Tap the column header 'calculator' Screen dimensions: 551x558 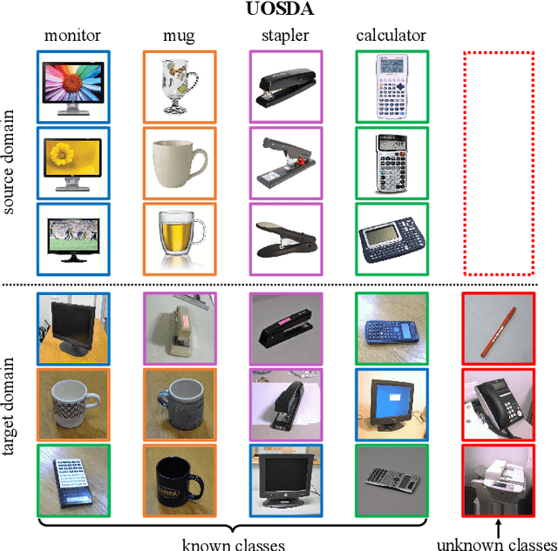pos(391,37)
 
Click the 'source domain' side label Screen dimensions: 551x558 pos(11,162)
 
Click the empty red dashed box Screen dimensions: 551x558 pos(498,162)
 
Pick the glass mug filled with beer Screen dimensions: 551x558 pos(180,237)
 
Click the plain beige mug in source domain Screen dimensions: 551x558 pos(180,162)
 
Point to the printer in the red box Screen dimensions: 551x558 pos(498,480)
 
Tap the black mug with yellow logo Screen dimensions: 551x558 pos(180,480)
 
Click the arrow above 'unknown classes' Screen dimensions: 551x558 pos(498,527)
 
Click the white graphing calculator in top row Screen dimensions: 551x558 pos(391,86)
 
